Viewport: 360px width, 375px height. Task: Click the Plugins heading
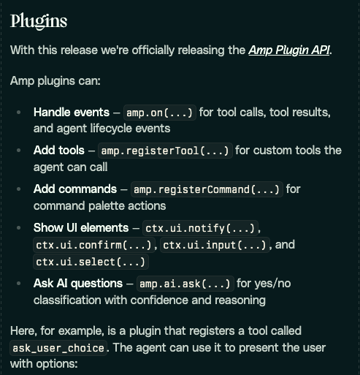39,22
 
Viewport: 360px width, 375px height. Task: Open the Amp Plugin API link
289,50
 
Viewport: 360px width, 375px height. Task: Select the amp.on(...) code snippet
160,113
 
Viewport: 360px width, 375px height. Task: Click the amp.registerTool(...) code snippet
165,151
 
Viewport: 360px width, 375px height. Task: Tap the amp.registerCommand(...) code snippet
207,189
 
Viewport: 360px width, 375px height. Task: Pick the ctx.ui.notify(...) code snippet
200,228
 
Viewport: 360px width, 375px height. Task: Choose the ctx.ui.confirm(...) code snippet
93,245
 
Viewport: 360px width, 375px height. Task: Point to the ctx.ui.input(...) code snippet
215,245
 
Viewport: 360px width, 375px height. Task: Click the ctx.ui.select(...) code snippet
91,262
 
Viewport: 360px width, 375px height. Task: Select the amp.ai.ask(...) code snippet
185,284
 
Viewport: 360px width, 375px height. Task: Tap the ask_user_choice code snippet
58,348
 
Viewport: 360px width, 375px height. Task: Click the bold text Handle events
72,113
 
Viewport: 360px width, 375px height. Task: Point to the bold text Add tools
59,150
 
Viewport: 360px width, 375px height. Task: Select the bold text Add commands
75,189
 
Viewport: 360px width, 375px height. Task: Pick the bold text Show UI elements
81,227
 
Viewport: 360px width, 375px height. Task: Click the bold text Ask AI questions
78,283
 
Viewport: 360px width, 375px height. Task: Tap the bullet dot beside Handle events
18,113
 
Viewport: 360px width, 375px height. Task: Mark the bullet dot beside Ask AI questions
18,283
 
